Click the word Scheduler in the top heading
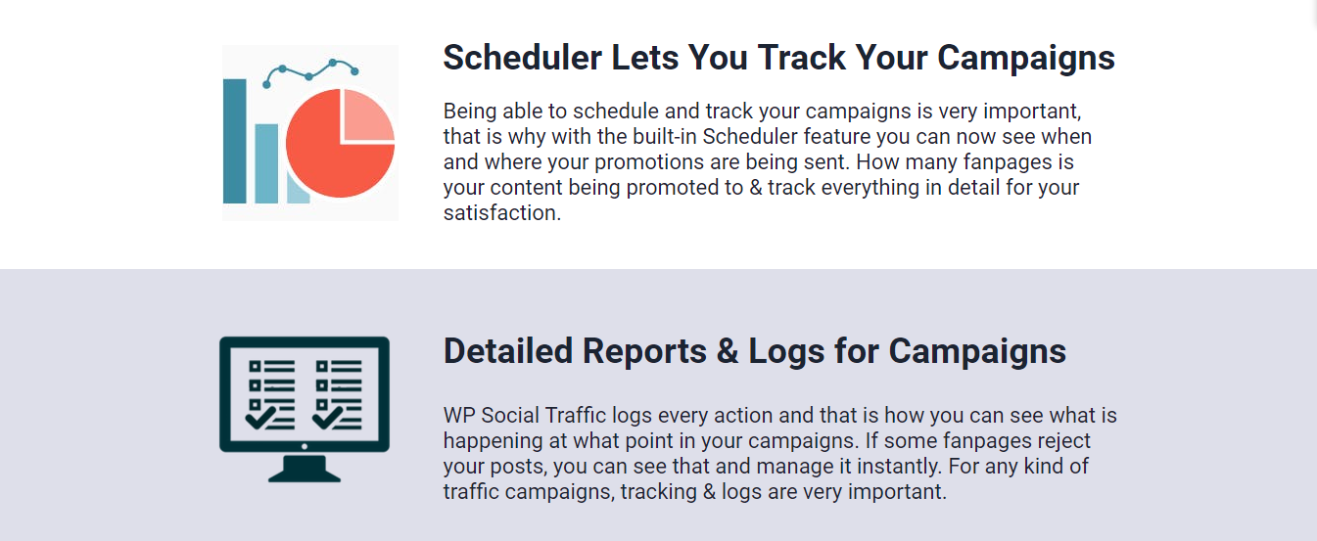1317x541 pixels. tap(523, 58)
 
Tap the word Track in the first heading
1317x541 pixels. tap(801, 58)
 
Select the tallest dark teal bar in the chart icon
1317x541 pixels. tap(235, 141)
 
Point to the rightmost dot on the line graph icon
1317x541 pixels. tap(354, 71)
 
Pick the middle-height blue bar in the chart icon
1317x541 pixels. tap(266, 163)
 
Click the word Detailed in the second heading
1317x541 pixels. tap(508, 351)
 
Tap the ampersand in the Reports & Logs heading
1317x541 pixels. tap(728, 351)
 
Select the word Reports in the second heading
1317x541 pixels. tap(644, 352)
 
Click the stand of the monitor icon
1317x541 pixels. tap(304, 469)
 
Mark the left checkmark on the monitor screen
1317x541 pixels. tap(259, 418)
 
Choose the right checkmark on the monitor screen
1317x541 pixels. tap(327, 418)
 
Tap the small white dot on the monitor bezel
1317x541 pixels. tap(304, 446)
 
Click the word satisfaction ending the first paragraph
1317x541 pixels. tap(502, 212)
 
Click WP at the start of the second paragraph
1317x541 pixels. tap(459, 416)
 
